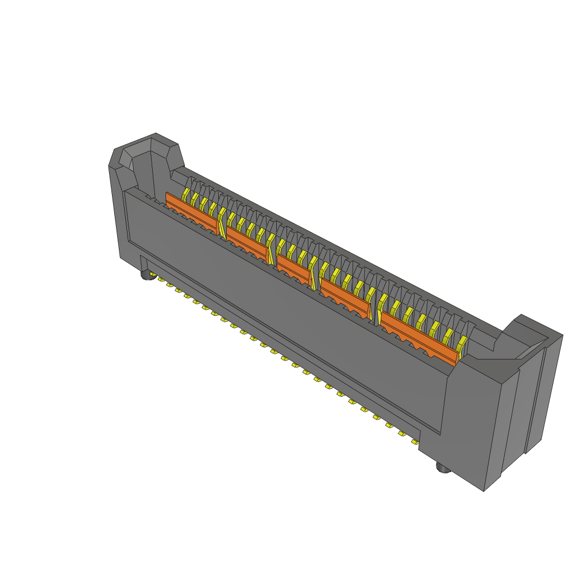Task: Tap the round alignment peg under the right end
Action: pyautogui.click(x=443, y=468)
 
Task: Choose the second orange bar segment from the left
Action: pyautogui.click(x=246, y=241)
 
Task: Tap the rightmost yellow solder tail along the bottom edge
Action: pyautogui.click(x=414, y=442)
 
